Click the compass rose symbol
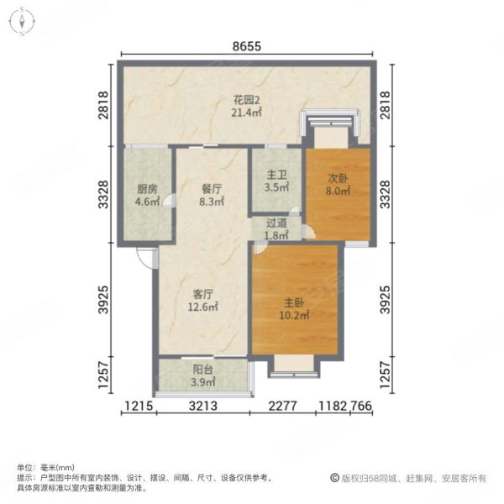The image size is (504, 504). (x=22, y=22)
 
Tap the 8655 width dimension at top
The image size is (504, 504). (x=246, y=46)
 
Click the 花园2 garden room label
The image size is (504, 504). (x=246, y=100)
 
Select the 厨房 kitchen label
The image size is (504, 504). (x=148, y=189)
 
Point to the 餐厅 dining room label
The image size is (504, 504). (x=211, y=189)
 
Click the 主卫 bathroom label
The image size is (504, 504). (x=276, y=176)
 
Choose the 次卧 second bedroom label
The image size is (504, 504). (x=338, y=178)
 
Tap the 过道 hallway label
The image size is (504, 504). (x=276, y=223)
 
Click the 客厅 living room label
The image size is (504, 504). (x=202, y=294)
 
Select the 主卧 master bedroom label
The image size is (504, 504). (x=294, y=302)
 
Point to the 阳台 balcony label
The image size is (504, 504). (x=202, y=370)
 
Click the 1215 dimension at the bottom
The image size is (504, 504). (x=139, y=407)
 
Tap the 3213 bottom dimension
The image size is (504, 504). (x=202, y=407)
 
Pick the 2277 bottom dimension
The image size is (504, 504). (x=282, y=407)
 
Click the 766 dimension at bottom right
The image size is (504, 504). (x=361, y=407)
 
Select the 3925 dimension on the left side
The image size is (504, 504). (x=104, y=300)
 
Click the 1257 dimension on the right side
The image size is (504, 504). (x=386, y=375)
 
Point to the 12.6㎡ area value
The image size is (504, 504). (x=202, y=307)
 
